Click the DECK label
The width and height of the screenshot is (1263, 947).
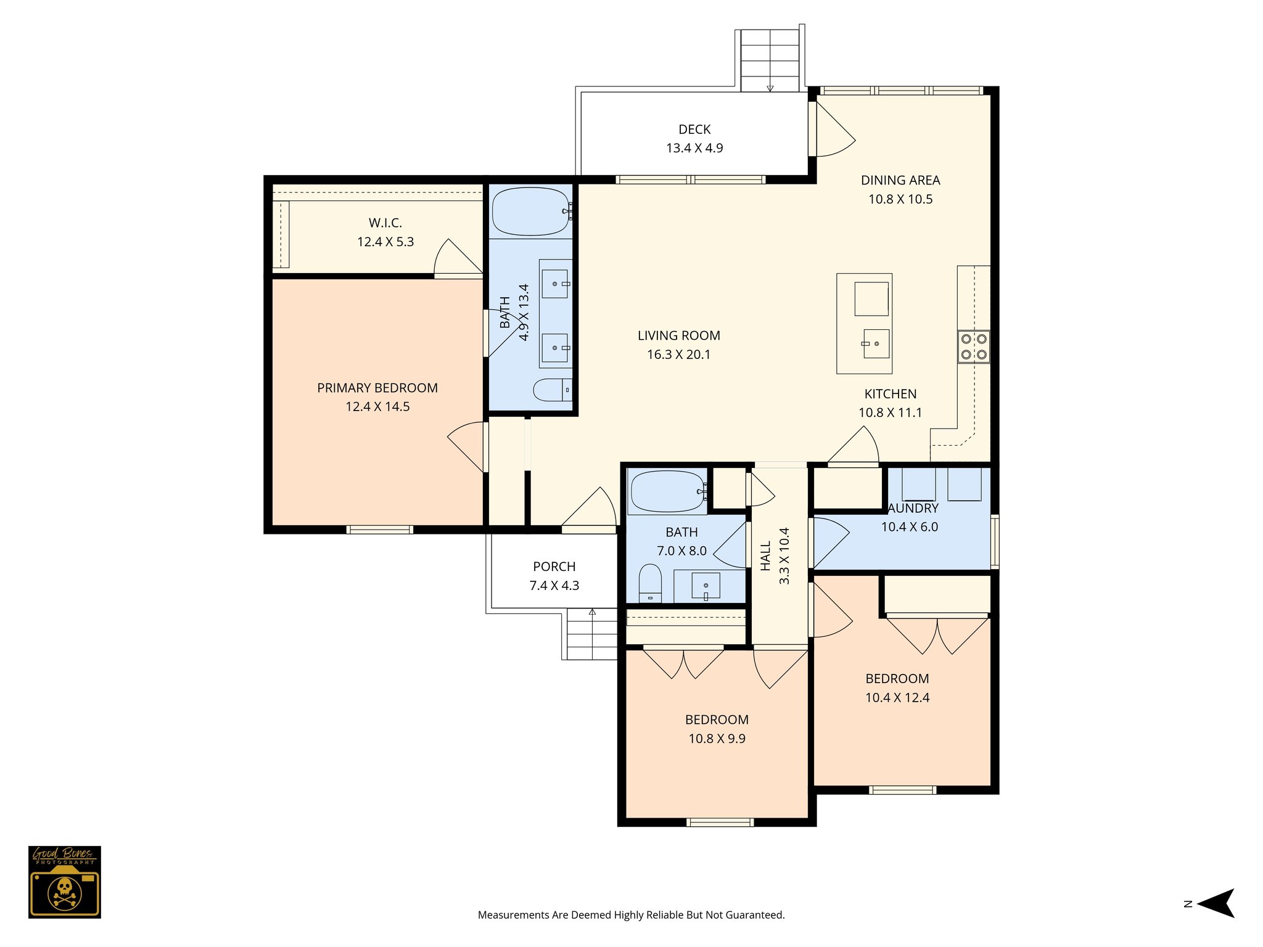[x=694, y=129]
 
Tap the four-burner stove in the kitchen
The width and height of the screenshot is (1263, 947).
[x=973, y=346]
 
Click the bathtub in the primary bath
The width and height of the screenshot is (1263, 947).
[x=530, y=211]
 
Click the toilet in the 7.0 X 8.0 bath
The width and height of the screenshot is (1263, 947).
[x=650, y=582]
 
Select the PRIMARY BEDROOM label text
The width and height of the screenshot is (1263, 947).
[x=377, y=388]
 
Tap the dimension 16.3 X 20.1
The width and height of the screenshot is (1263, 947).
[x=678, y=355]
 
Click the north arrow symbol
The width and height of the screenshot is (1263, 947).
[x=1215, y=903]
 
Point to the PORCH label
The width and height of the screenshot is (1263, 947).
[x=554, y=567]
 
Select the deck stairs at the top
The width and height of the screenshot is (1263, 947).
[x=769, y=60]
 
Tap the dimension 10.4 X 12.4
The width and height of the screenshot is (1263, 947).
[x=897, y=697]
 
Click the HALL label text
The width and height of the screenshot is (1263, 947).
[x=765, y=555]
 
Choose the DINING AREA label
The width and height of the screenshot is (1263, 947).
[x=900, y=181]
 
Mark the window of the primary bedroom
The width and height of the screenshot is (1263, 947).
[x=379, y=530]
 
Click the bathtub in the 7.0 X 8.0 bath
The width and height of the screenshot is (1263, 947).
[x=667, y=491]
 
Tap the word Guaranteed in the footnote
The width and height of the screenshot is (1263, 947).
[x=754, y=915]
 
